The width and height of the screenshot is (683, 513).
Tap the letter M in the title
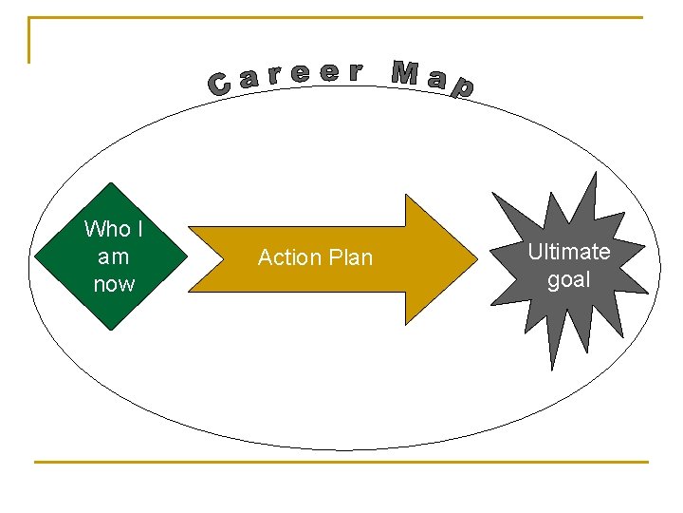coord(405,72)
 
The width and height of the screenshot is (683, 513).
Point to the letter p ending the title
coord(462,88)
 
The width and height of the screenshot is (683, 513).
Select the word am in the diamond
coord(113,256)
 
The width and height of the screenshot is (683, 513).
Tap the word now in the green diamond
coord(114,284)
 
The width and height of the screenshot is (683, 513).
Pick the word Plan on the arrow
coord(350,257)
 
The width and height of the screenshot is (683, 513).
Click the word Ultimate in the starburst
coord(568,252)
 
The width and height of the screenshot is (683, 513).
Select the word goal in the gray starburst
coord(568,279)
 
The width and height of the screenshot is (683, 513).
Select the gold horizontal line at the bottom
coord(341,463)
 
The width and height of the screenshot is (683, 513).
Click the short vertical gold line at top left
coord(29,40)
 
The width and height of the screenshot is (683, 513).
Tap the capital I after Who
coord(139,229)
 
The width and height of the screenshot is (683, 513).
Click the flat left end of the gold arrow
coord(191,258)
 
